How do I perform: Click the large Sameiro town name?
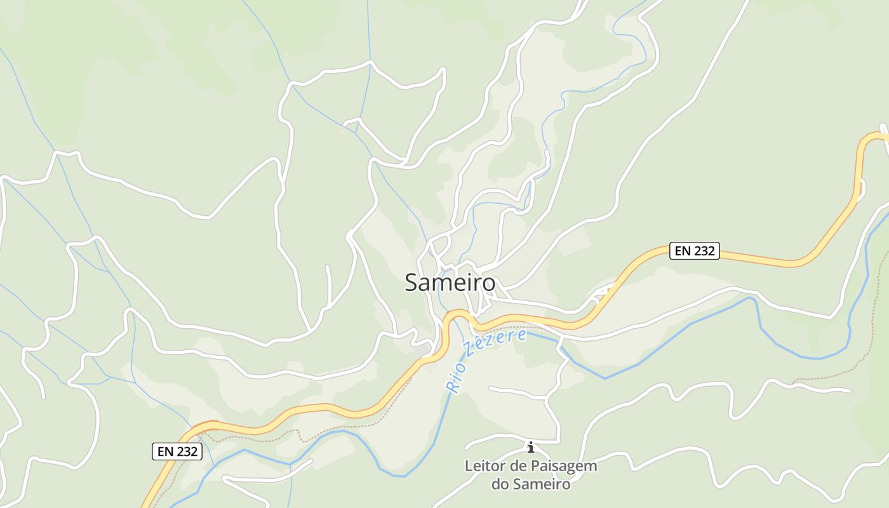pos(450,283)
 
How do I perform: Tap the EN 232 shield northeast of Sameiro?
pos(695,251)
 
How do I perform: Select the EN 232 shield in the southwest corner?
pos(177,451)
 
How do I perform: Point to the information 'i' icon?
pos(531,447)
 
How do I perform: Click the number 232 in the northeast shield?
pos(704,251)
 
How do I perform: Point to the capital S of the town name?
pos(412,283)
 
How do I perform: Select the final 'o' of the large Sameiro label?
pos(488,283)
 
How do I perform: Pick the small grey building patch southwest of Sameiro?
pos(422,349)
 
